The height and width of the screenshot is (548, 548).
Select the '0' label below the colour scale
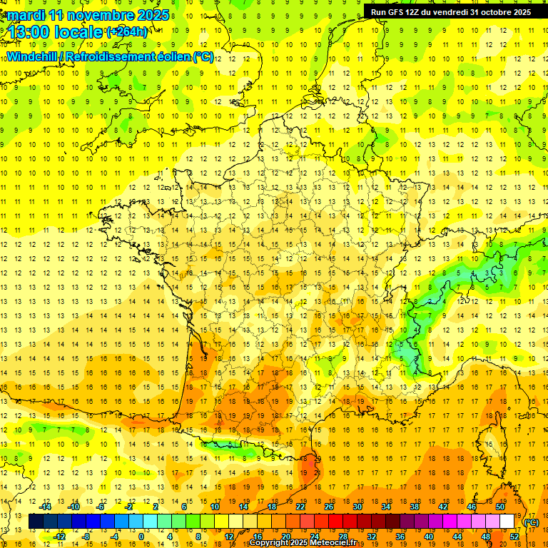(x=141, y=536)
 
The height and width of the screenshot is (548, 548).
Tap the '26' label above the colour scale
(x=328, y=507)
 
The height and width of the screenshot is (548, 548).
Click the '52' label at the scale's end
(x=515, y=536)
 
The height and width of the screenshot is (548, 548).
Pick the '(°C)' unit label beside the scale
(x=531, y=522)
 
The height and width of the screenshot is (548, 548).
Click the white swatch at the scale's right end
(x=507, y=522)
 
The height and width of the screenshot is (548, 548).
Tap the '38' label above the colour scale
(x=415, y=507)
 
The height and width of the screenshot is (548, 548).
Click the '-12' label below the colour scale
(x=60, y=536)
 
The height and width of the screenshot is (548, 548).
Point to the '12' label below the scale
(x=229, y=536)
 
